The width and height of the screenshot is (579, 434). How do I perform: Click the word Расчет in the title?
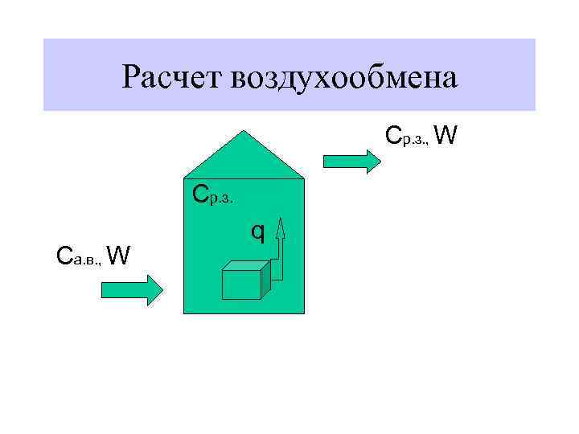point(172,77)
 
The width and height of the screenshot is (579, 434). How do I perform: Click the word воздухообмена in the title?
point(344,78)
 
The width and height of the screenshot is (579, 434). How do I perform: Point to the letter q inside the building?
point(257,231)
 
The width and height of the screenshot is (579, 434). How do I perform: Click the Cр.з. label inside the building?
point(212,195)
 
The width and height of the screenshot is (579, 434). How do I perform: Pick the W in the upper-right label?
point(447,136)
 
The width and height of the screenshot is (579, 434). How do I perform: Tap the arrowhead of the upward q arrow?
point(280,229)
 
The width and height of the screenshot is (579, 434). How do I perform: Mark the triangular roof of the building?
point(244,156)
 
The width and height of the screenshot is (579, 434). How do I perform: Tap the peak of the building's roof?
point(244,131)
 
